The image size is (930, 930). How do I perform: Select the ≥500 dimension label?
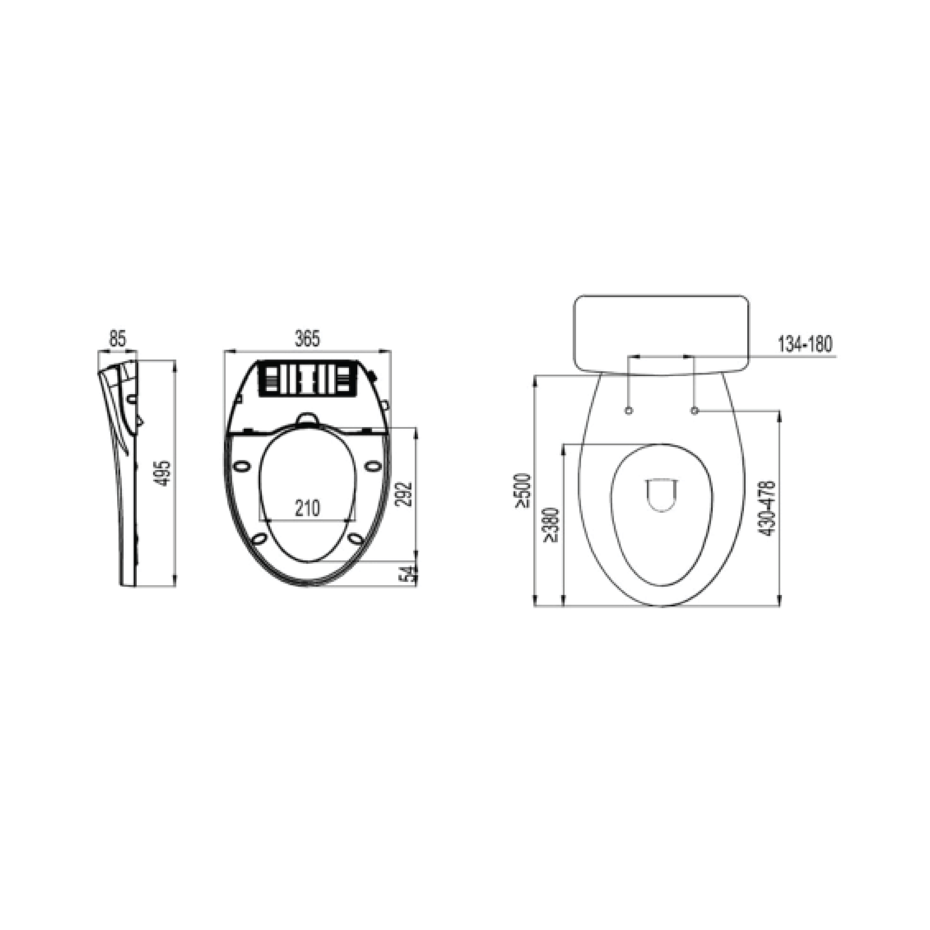[x=523, y=490]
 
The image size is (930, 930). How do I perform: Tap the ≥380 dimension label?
[x=551, y=525]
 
